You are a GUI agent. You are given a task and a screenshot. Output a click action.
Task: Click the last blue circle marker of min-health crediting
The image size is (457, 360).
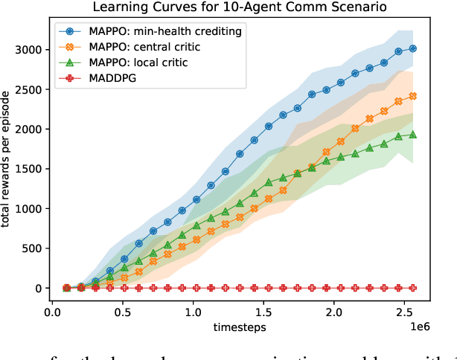pos(414,48)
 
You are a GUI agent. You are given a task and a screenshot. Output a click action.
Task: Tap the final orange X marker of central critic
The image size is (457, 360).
pos(414,96)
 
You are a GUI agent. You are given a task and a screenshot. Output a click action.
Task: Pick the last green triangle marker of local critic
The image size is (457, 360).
pos(414,135)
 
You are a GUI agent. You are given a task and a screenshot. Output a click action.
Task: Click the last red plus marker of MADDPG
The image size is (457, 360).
pos(414,288)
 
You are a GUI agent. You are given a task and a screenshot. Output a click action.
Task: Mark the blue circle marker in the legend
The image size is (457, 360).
pos(69,33)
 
